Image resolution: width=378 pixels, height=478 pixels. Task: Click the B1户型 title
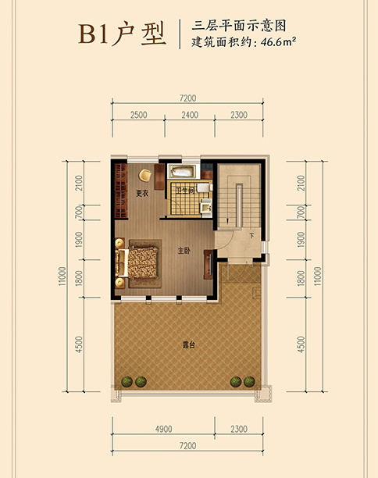click(x=122, y=34)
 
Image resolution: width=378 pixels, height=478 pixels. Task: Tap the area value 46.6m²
click(x=279, y=41)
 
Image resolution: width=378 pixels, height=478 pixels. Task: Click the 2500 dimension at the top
click(x=139, y=115)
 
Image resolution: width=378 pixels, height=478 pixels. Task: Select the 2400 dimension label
click(x=190, y=115)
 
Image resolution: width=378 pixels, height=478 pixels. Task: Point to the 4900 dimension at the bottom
click(x=164, y=429)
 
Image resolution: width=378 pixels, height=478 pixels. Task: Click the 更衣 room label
click(x=142, y=193)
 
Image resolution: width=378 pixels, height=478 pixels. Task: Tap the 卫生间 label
click(x=185, y=191)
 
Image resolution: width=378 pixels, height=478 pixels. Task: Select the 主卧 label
click(x=184, y=251)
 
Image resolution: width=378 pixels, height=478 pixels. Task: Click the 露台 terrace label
click(x=189, y=344)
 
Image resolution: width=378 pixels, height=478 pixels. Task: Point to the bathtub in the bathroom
click(x=182, y=171)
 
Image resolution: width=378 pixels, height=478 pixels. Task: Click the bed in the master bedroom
click(x=137, y=262)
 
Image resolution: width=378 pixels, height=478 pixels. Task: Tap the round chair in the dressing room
click(x=145, y=175)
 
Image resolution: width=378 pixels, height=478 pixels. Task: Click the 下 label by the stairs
click(x=251, y=236)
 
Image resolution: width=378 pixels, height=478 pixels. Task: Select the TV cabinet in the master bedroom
click(x=209, y=264)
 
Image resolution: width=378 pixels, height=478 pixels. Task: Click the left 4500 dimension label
click(x=79, y=344)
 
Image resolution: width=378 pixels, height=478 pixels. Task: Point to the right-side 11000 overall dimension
click(x=318, y=276)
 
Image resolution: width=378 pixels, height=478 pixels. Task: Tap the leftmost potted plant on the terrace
click(x=127, y=381)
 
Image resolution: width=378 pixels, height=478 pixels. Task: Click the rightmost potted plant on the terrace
click(x=249, y=381)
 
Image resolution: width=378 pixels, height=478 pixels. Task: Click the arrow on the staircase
click(x=227, y=221)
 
